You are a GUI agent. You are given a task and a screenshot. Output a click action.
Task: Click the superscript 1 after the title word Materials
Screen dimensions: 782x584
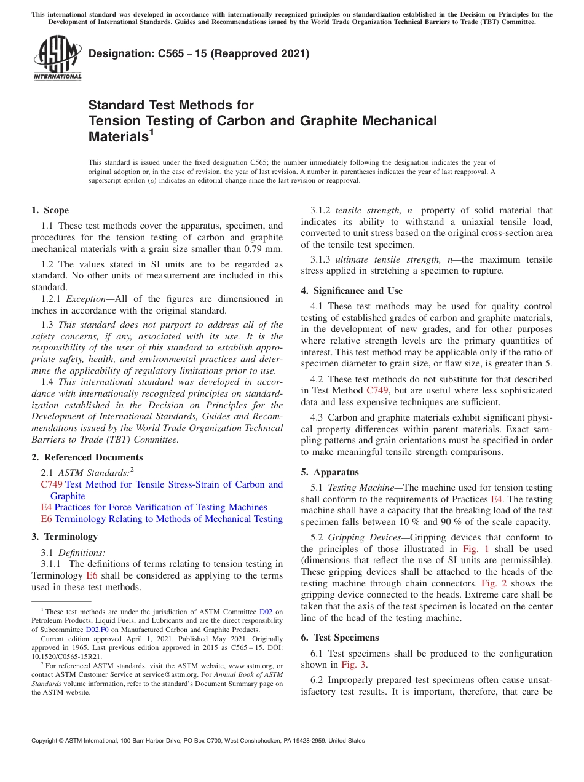point(151,131)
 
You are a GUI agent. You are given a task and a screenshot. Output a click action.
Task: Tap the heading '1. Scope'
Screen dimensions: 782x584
point(50,210)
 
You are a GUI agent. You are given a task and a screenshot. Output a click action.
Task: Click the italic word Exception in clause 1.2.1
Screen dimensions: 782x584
point(85,299)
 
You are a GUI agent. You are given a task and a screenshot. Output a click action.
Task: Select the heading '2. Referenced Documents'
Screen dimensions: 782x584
point(87,457)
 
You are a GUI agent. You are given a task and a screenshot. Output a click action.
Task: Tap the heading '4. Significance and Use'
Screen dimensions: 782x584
point(352,291)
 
